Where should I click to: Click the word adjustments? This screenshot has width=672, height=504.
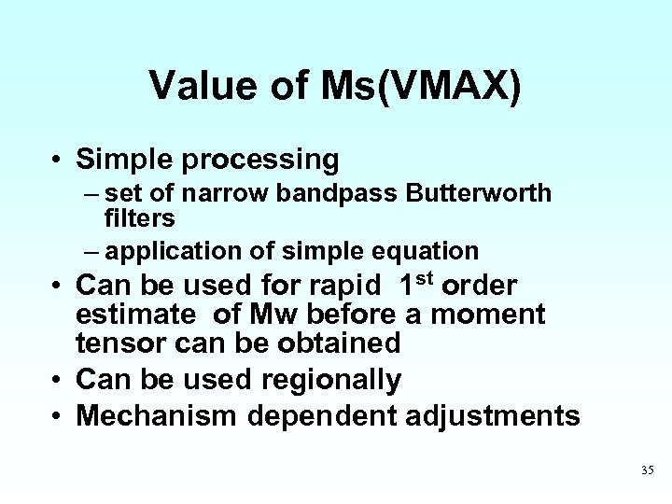(x=496, y=415)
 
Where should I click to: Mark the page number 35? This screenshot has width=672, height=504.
(x=648, y=470)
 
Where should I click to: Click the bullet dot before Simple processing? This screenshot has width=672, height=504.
(x=58, y=161)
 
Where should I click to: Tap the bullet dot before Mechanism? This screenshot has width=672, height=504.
(x=58, y=415)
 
